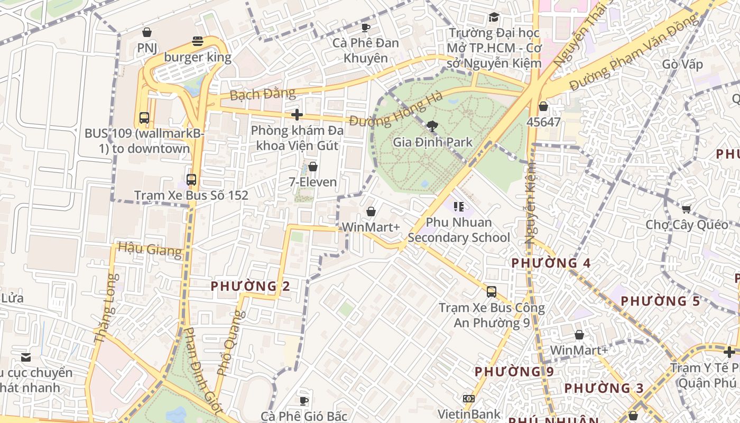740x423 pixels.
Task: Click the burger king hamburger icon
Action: coord(198,41)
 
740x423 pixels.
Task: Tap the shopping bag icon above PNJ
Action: coord(147,33)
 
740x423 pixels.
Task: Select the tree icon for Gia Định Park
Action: coord(432,126)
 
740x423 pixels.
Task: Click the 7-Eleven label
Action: coord(312,182)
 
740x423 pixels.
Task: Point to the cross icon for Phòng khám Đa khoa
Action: coord(297,114)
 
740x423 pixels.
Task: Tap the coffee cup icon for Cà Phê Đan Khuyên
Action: coord(365,27)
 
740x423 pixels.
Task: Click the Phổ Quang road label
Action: coord(232,343)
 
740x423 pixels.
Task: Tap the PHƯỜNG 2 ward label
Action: coord(251,286)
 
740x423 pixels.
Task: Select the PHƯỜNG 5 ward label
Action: coord(660,301)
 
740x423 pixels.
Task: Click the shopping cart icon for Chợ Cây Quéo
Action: coord(686,209)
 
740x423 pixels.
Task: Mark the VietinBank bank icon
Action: coord(468,399)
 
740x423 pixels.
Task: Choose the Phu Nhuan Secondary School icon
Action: coord(458,206)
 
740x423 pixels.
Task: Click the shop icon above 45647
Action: coord(543,106)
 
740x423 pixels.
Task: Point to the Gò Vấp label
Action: coord(682,65)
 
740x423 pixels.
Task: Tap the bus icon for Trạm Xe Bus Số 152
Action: coord(191,180)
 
